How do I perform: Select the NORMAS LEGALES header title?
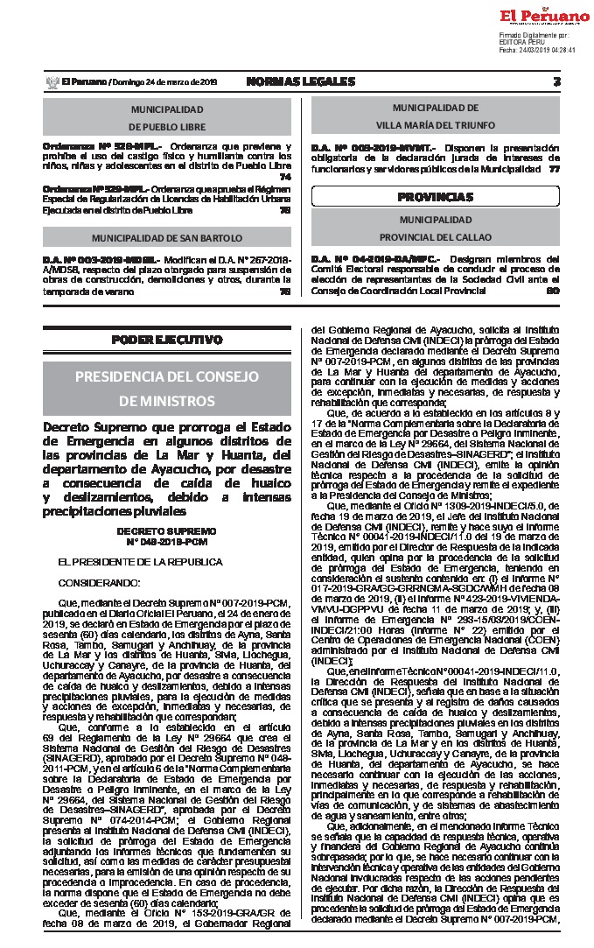click(300, 81)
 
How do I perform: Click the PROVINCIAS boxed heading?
click(435, 196)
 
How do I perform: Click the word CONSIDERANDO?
click(99, 582)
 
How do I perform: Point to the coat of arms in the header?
click(50, 81)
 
